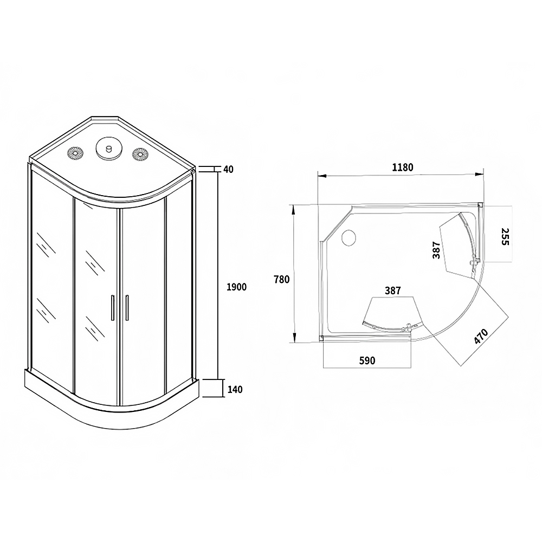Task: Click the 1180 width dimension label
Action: pyautogui.click(x=403, y=167)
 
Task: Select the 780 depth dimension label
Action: pyautogui.click(x=281, y=279)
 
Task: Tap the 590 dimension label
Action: pyautogui.click(x=367, y=360)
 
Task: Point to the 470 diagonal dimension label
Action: pyautogui.click(x=481, y=337)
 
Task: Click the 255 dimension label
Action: pyautogui.click(x=505, y=236)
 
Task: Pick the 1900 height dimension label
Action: pyautogui.click(x=236, y=287)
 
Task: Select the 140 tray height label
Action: pyautogui.click(x=235, y=390)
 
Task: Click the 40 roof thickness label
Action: pyautogui.click(x=229, y=169)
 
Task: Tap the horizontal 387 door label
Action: pyautogui.click(x=393, y=291)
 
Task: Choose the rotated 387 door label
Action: pyautogui.click(x=436, y=250)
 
